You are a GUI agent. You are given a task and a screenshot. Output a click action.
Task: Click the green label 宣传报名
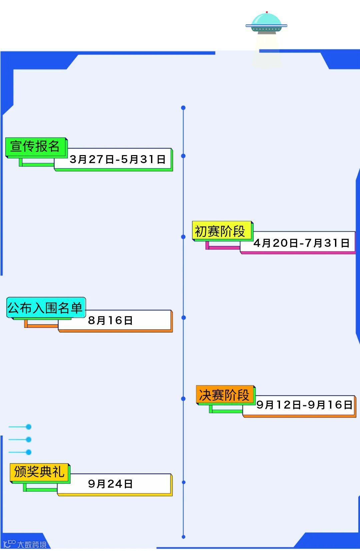tap(35, 146)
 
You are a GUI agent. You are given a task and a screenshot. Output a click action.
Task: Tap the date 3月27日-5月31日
tap(117, 159)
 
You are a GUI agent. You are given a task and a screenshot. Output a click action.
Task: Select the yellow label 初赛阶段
tap(220, 231)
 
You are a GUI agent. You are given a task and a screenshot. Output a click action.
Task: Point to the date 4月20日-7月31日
tap(301, 243)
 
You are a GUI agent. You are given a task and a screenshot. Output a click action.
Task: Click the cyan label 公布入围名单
tap(45, 308)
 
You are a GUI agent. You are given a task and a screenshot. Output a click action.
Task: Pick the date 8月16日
tap(110, 321)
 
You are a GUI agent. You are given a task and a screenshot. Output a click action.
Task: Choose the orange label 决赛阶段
tap(224, 395)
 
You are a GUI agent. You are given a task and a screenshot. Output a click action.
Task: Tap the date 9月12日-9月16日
tap(304, 405)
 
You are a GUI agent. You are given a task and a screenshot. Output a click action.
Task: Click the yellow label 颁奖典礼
tap(39, 472)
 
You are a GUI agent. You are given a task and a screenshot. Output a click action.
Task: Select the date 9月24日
tap(110, 484)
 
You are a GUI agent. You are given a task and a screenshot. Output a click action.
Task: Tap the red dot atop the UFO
tap(267, 12)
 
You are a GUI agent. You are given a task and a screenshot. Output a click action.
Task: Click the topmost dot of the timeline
tap(183, 108)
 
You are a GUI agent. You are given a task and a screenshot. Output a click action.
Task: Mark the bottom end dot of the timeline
tap(183, 537)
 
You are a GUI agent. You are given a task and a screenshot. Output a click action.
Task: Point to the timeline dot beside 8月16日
tap(183, 318)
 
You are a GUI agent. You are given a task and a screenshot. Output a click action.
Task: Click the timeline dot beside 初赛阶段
tap(183, 237)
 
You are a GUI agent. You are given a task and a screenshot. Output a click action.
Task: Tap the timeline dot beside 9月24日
tap(183, 482)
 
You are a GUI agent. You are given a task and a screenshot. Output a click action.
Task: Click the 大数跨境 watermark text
tap(32, 544)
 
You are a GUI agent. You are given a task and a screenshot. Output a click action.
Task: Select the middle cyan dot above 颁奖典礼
tap(29, 440)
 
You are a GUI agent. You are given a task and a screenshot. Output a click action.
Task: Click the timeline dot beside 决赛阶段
tap(183, 399)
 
